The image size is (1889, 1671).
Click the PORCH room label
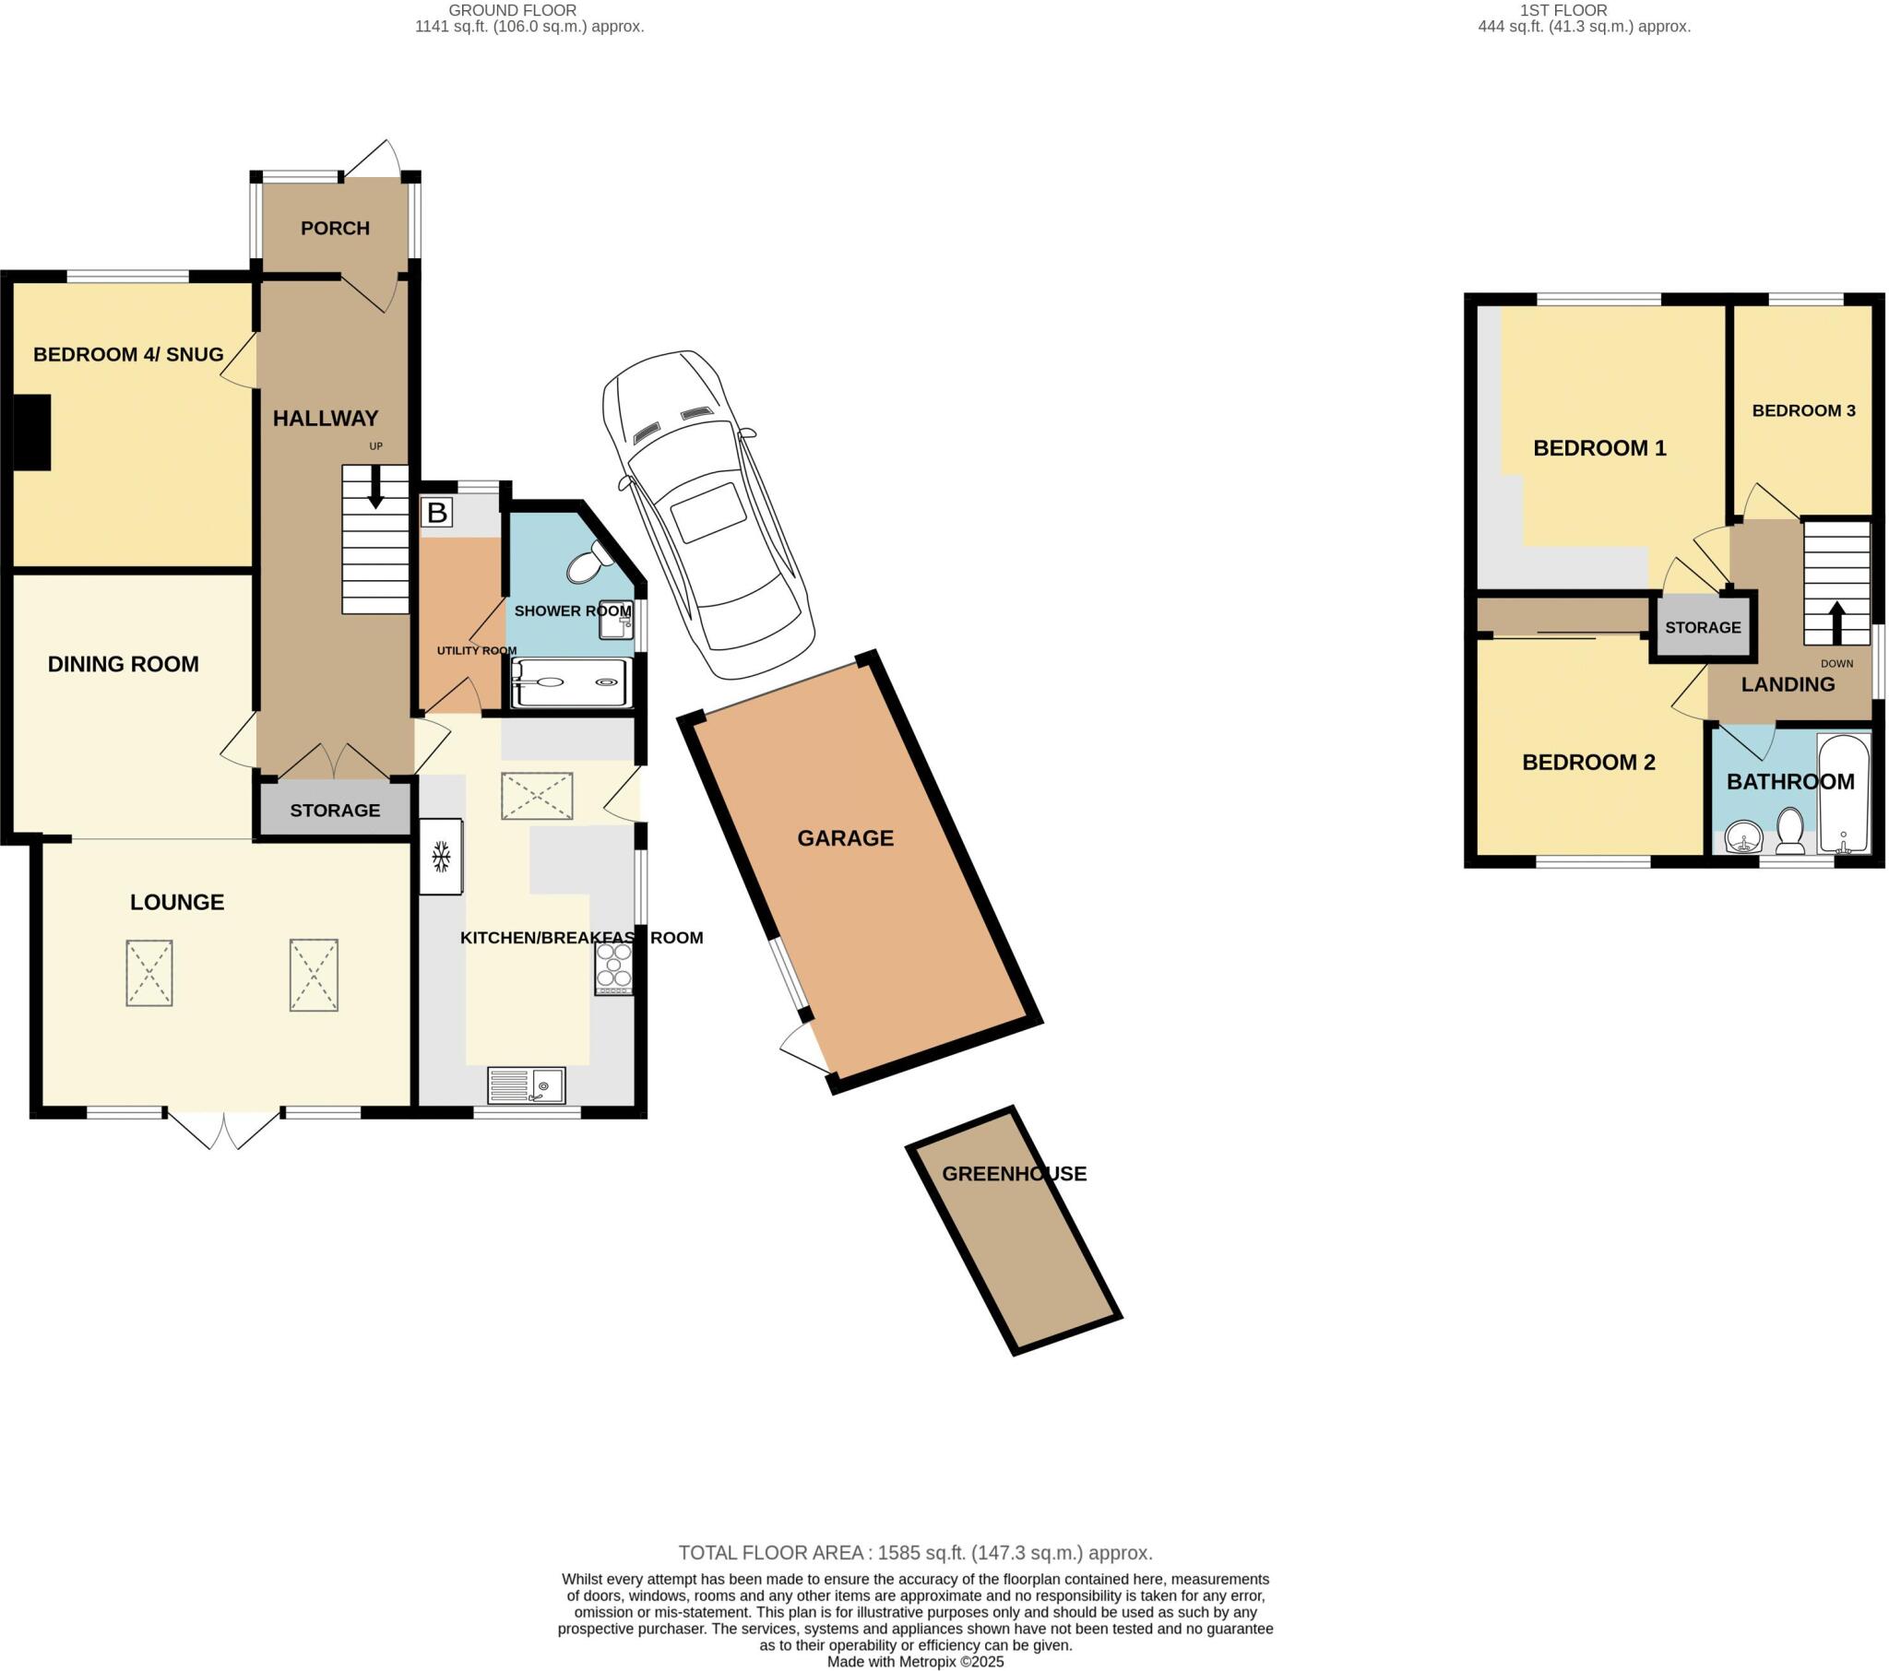pos(335,229)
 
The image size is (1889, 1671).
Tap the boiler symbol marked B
pos(437,512)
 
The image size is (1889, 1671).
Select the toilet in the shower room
pos(587,563)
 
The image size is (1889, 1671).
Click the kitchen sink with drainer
pos(526,1085)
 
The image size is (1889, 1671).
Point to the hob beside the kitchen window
pos(613,967)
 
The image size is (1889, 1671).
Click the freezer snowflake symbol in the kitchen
pos(441,856)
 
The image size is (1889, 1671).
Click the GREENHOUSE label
pos(1014,1174)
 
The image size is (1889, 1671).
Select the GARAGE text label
pos(845,838)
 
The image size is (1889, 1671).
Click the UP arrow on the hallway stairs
pos(375,486)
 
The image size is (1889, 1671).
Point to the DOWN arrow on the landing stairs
pos(1836,622)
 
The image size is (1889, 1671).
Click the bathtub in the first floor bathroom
pos(1843,794)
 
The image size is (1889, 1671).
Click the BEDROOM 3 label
pos(1803,410)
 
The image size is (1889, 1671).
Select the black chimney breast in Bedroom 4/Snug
pos(31,433)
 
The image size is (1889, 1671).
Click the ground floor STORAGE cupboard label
pos(335,811)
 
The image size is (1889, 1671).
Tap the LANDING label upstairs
pos(1788,685)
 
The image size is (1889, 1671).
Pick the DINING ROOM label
pos(123,665)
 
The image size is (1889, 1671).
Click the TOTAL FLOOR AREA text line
pos(915,1553)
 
